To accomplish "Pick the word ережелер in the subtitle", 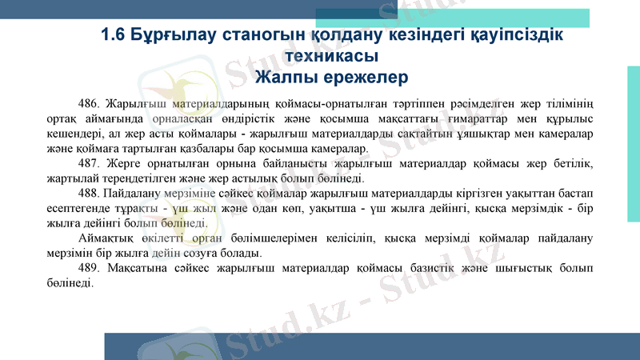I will click(x=369, y=78).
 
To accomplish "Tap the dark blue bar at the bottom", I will click(x=372, y=346).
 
